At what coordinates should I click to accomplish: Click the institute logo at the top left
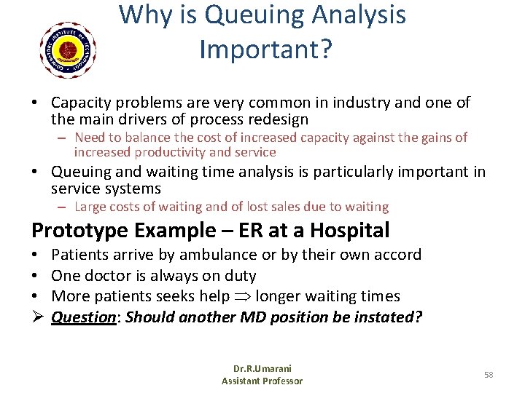68,49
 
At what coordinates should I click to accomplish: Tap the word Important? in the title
265,49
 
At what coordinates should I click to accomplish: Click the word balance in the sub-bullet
157,138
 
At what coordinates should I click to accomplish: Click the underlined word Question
81,318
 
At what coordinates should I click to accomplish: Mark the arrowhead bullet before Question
36,318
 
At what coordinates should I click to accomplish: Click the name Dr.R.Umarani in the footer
262,369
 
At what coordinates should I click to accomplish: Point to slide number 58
489,375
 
